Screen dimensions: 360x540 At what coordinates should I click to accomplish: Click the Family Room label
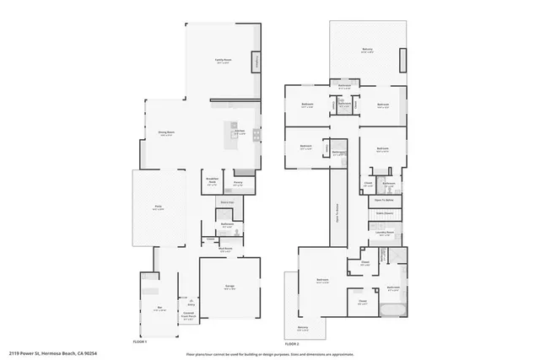pyautogui.click(x=223, y=61)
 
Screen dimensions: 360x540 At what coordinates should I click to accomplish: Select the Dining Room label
pyautogui.click(x=167, y=133)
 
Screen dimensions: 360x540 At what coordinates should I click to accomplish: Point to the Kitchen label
pyautogui.click(x=240, y=132)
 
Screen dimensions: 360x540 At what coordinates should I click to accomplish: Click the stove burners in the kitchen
pyautogui.click(x=256, y=132)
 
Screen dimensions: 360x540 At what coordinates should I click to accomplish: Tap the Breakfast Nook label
pyautogui.click(x=213, y=183)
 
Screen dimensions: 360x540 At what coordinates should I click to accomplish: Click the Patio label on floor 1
pyautogui.click(x=158, y=207)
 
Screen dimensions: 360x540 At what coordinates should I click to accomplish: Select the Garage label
pyautogui.click(x=229, y=287)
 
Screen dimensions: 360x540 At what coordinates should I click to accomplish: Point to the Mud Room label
pyautogui.click(x=225, y=250)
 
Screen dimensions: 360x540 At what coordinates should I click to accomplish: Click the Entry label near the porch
pyautogui.click(x=191, y=304)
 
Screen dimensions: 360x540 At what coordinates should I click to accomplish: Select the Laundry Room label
pyautogui.click(x=385, y=233)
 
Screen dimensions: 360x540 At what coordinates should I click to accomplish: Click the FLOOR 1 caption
pyautogui.click(x=141, y=342)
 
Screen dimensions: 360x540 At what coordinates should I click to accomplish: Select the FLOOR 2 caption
pyautogui.click(x=293, y=344)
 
